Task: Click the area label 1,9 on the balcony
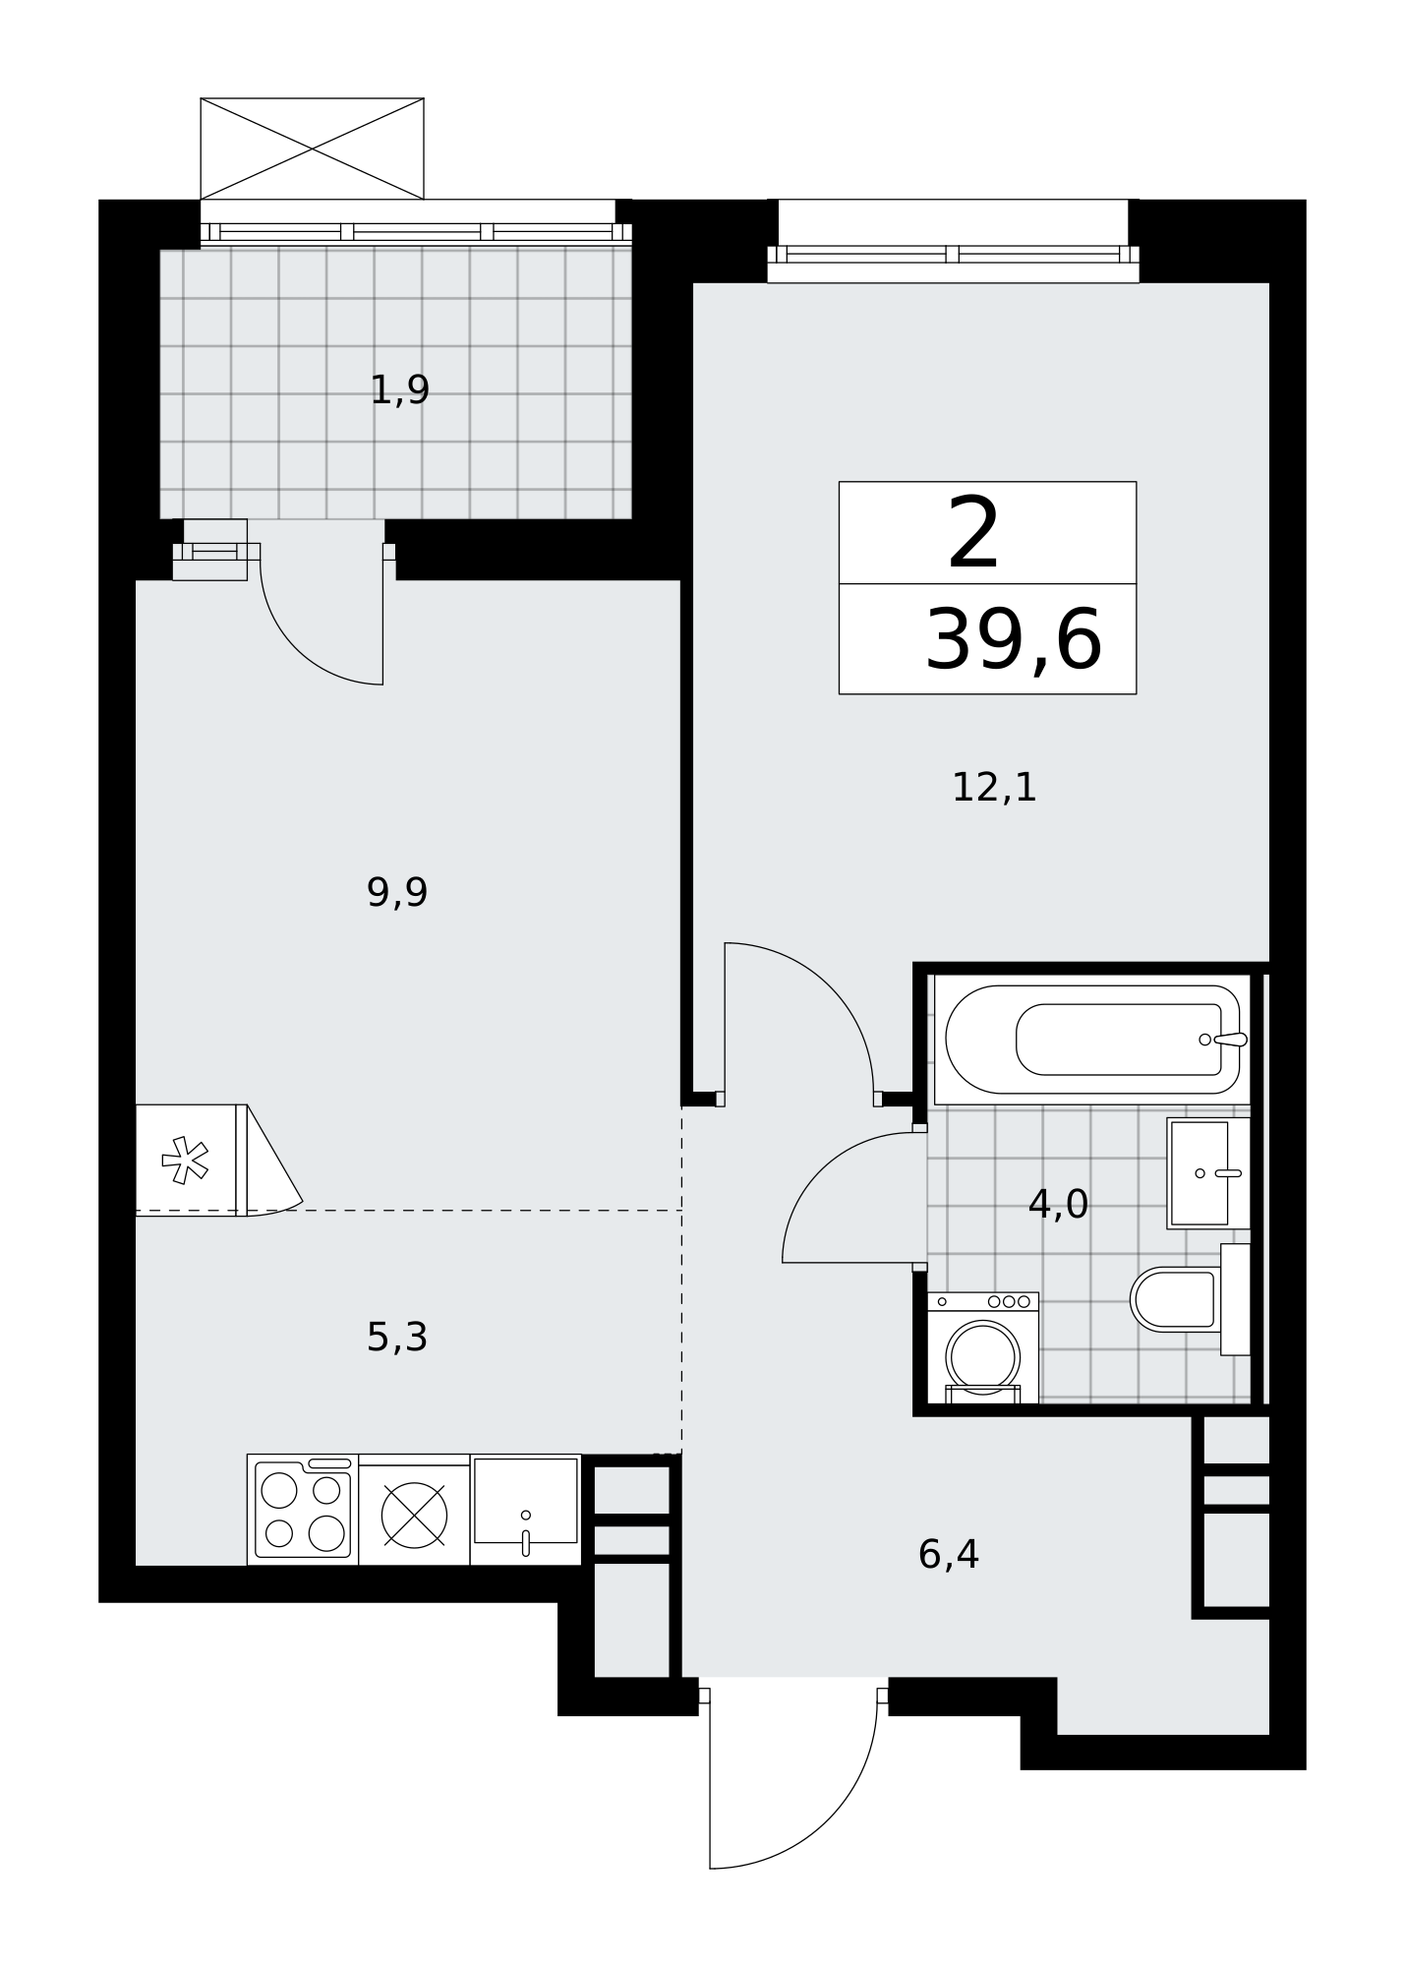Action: tap(399, 390)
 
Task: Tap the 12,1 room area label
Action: tap(994, 787)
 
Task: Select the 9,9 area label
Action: tap(397, 893)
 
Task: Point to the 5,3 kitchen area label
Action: tap(397, 1338)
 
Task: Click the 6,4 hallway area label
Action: tap(948, 1555)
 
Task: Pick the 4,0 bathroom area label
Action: tap(1058, 1204)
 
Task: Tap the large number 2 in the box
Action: tap(973, 533)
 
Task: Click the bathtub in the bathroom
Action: tap(1092, 1040)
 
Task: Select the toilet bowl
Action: tap(1176, 1299)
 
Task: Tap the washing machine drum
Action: tap(982, 1357)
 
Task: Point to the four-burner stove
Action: tap(303, 1510)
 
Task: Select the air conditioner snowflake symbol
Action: tap(185, 1161)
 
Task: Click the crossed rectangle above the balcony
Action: tap(312, 149)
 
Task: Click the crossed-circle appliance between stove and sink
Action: tap(414, 1515)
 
